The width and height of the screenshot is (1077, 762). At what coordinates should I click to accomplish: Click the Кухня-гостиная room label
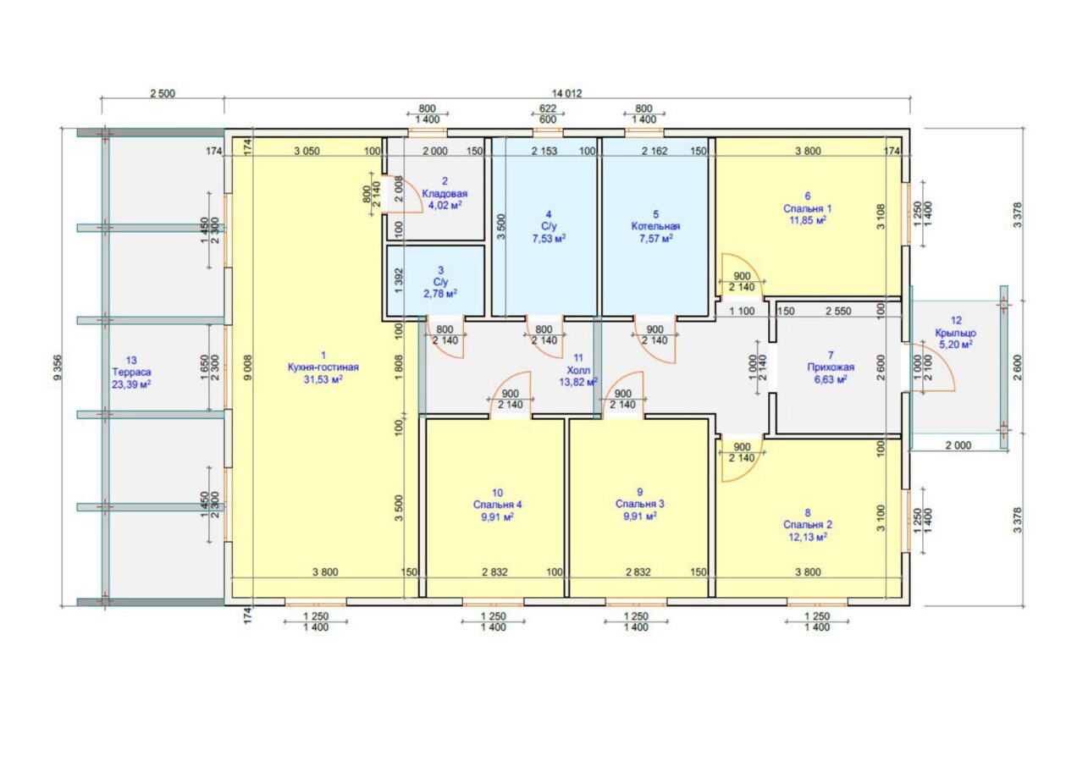tap(323, 367)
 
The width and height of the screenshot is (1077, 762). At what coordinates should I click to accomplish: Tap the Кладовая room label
tap(445, 194)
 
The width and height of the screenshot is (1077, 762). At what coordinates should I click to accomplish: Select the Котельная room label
tap(656, 226)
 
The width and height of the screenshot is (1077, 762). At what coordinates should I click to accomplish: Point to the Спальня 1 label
tap(807, 208)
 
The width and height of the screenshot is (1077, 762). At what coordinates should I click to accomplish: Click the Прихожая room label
tap(831, 367)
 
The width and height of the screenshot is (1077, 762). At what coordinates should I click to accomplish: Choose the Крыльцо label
tap(956, 333)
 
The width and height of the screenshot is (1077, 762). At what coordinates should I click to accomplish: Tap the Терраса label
tap(131, 372)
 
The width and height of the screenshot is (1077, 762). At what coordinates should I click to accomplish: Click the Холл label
tap(578, 370)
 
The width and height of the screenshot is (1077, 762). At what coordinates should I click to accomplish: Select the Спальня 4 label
tap(497, 505)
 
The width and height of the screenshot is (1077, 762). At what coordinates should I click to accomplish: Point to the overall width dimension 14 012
tap(567, 93)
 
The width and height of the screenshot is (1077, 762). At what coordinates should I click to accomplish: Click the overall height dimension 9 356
tap(58, 367)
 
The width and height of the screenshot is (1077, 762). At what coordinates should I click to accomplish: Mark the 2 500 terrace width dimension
tap(163, 93)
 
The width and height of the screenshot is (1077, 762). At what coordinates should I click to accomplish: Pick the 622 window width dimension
tap(548, 108)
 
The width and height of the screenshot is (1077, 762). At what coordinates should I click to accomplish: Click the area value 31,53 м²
tap(323, 379)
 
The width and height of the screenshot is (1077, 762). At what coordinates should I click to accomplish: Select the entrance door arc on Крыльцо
tap(935, 367)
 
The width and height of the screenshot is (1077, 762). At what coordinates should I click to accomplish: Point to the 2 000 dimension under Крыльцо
tap(958, 445)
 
